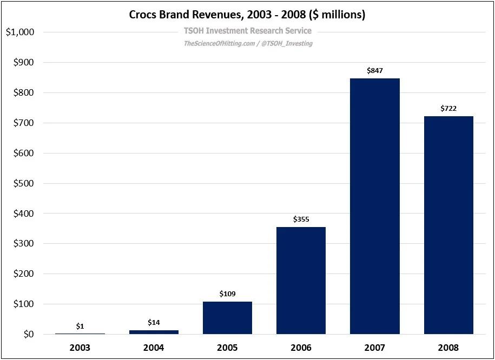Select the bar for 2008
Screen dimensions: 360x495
coord(448,225)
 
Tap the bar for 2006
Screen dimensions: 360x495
coord(301,281)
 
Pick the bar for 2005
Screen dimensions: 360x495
coord(227,318)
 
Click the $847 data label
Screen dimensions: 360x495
coord(375,71)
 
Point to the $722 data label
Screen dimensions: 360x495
coord(448,109)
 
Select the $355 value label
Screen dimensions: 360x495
coord(301,219)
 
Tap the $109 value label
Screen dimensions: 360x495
coord(228,294)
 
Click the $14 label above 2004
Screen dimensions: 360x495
coord(154,322)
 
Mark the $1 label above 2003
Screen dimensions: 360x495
coord(80,326)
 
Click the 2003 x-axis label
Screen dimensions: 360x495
coord(80,347)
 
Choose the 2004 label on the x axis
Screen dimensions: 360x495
coord(154,347)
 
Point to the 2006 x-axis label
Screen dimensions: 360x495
coord(301,347)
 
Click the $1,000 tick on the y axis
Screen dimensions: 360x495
coord(20,32)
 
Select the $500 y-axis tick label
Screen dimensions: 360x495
coord(23,183)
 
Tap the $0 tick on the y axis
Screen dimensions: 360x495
coord(27,335)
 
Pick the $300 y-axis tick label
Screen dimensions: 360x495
coord(23,244)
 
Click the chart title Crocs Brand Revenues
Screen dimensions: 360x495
coord(247,15)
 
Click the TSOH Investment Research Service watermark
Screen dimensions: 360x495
coord(248,31)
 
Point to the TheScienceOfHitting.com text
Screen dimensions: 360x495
coord(219,43)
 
